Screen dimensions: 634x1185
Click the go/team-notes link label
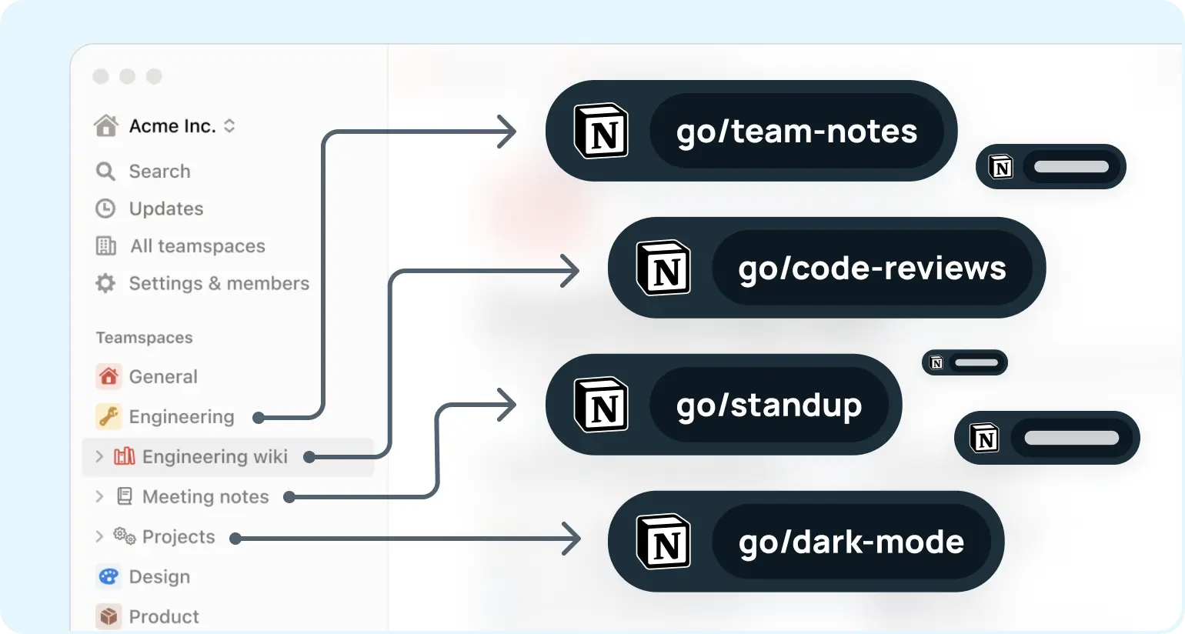[x=796, y=132]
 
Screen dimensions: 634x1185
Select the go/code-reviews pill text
[x=872, y=269]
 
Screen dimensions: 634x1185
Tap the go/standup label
[x=769, y=405]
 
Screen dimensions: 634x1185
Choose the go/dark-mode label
[x=851, y=542]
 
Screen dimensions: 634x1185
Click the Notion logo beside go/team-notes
[x=601, y=132]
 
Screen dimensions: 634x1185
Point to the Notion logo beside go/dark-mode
[x=663, y=542]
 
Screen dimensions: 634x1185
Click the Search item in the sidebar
[x=159, y=171]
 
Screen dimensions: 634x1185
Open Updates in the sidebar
[x=166, y=209]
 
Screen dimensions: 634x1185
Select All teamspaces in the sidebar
[x=197, y=246]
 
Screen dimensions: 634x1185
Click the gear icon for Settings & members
[x=105, y=283]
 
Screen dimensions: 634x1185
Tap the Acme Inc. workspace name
[x=172, y=126]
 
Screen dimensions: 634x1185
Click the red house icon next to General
[x=108, y=376]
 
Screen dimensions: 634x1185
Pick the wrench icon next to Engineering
[x=108, y=416]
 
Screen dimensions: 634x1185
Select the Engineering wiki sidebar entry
[x=215, y=456]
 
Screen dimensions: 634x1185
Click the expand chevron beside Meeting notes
[x=99, y=496]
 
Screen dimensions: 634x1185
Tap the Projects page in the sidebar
[x=179, y=536]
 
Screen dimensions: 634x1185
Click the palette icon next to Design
[x=108, y=576]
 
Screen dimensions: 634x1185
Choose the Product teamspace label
[x=164, y=616]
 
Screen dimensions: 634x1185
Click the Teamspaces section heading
[x=144, y=338]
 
